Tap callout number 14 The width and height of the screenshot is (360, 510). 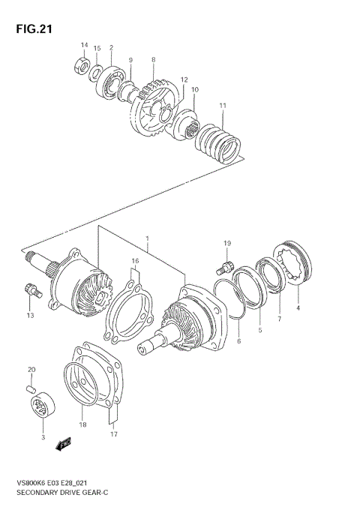(x=84, y=46)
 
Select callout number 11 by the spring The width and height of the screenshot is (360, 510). (x=222, y=106)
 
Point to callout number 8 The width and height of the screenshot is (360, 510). (x=153, y=59)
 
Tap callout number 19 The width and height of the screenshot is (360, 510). (x=226, y=244)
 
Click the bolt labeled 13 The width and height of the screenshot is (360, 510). (x=31, y=289)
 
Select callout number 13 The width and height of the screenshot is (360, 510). (x=31, y=316)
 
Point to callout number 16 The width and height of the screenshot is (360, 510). (x=135, y=261)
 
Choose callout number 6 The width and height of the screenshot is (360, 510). (x=238, y=341)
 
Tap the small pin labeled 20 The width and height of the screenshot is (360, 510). (x=31, y=388)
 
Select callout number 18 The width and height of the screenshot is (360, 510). (x=82, y=424)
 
